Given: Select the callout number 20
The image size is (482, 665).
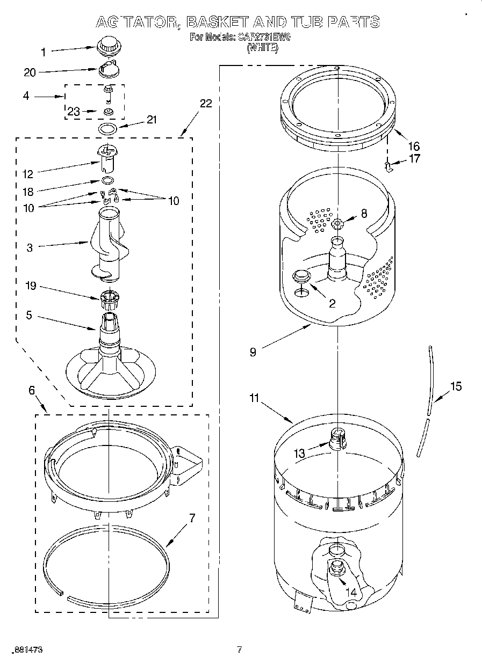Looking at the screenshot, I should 30,72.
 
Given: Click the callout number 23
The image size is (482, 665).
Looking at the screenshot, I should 74,112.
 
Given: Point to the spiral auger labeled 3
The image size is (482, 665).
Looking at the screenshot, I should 110,244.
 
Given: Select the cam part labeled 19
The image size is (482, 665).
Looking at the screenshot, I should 109,297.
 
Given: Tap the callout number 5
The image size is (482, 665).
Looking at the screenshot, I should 29,315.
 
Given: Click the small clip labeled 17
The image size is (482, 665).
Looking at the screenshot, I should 390,167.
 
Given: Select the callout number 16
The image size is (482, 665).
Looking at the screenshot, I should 414,146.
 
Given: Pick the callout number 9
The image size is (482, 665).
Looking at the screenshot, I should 253,352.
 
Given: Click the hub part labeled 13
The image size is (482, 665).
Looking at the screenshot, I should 336,437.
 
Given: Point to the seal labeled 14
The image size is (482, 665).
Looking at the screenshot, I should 337,567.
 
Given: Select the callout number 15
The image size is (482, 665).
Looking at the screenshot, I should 456,386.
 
